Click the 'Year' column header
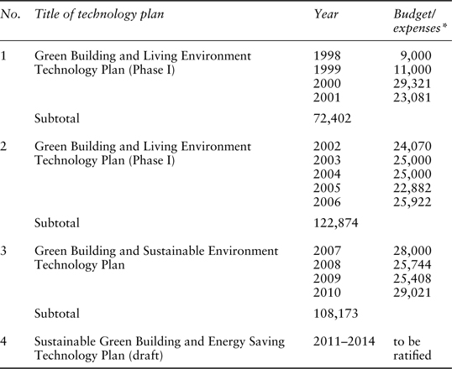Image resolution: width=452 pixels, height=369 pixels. (326, 14)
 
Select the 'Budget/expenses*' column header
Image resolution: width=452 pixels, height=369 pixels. (417, 21)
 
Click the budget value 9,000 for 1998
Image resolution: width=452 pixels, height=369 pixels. (416, 56)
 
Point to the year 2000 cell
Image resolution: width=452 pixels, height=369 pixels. (327, 84)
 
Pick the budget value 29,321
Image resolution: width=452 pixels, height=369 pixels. (413, 84)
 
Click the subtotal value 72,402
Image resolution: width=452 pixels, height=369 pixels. (333, 118)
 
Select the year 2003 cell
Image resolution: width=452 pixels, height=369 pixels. (327, 160)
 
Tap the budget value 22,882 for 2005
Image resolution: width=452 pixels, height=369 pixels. (413, 188)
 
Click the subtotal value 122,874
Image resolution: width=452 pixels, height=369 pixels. (335, 223)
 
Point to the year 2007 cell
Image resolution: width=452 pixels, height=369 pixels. (327, 251)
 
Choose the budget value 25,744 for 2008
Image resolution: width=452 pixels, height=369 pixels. (413, 265)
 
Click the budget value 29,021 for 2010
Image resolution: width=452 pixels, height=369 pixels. (413, 293)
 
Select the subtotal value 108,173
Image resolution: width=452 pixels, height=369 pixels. (335, 314)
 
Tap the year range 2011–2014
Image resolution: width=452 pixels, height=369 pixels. (344, 341)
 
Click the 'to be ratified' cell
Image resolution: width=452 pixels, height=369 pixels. (413, 348)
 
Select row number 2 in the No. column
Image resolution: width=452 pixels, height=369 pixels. (3, 146)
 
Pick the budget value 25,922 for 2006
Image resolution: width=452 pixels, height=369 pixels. (413, 202)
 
